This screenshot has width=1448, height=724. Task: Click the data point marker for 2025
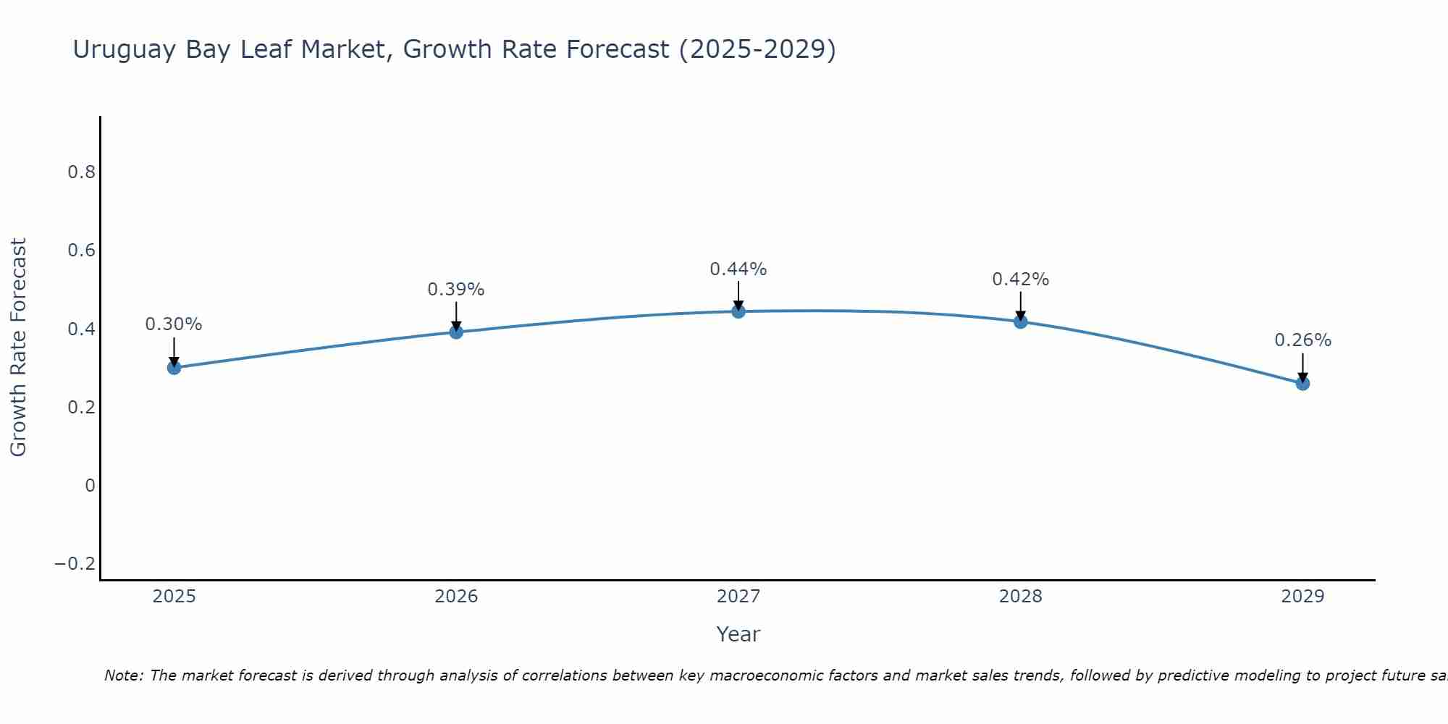[x=174, y=368]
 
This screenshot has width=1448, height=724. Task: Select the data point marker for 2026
[x=456, y=332]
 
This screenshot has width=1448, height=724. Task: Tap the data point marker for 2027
[x=738, y=312]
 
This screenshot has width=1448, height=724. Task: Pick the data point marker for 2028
[x=1021, y=321]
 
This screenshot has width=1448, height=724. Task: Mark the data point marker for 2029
[x=1302, y=384]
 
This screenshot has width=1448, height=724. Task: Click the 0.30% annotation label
[x=174, y=324]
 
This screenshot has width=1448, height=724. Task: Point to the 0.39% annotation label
[x=456, y=290]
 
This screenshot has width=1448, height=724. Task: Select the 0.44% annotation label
[x=738, y=269]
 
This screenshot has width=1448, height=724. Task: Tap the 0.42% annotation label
[x=1021, y=279]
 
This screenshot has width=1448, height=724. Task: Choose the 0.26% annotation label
[x=1302, y=340]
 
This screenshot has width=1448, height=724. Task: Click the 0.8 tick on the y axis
[x=81, y=172]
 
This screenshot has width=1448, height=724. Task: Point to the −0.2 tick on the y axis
[x=75, y=564]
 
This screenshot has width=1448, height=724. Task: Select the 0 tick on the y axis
[x=90, y=486]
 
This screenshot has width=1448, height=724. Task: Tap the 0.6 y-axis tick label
[x=81, y=251]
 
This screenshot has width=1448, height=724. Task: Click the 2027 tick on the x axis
[x=738, y=597]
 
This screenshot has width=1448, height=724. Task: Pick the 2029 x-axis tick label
[x=1302, y=597]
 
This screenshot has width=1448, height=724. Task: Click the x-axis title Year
[x=738, y=635]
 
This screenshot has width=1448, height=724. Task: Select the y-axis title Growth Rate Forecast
[x=19, y=348]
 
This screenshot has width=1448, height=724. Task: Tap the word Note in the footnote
[x=124, y=676]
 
